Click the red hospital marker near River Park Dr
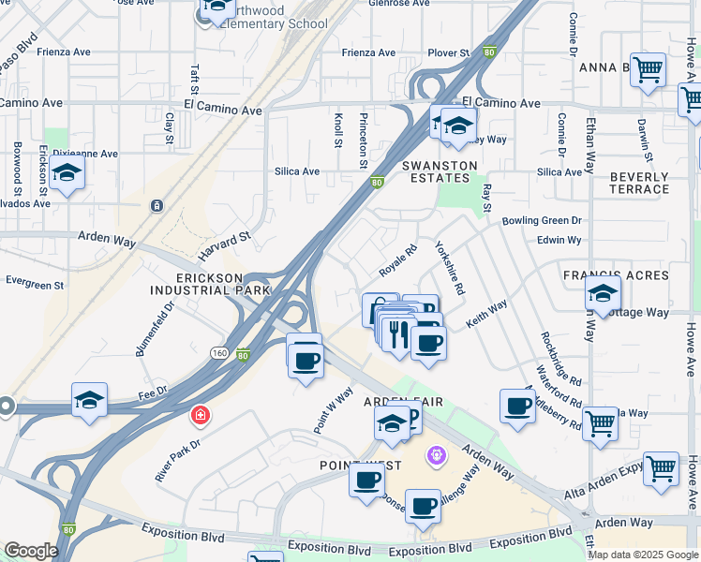pyautogui.click(x=200, y=414)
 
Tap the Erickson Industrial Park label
pyautogui.click(x=222, y=284)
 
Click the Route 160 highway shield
pyautogui.click(x=219, y=352)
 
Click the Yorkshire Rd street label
pyautogui.click(x=449, y=270)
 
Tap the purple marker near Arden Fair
pyautogui.click(x=435, y=456)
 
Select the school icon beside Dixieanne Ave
pyautogui.click(x=67, y=173)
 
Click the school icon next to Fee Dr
pyautogui.click(x=89, y=400)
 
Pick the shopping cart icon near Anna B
pyautogui.click(x=648, y=69)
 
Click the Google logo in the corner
pyautogui.click(x=31, y=551)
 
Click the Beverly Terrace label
pyautogui.click(x=639, y=183)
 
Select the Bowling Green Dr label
pyautogui.click(x=542, y=220)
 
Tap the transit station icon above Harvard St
pyautogui.click(x=157, y=205)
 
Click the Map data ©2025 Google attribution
pyautogui.click(x=643, y=555)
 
